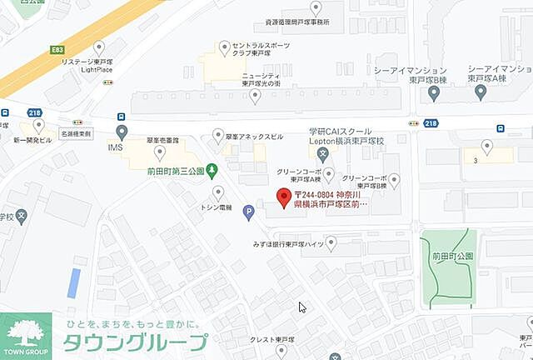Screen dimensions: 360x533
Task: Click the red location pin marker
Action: pos(283,197)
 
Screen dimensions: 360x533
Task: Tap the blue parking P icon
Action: pos(248,212)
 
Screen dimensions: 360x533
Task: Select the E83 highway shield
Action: pos(57,51)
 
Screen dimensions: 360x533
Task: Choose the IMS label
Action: pos(115,147)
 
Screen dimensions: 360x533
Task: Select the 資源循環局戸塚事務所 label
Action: pos(286,22)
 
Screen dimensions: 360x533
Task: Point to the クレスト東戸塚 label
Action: pos(272,340)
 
